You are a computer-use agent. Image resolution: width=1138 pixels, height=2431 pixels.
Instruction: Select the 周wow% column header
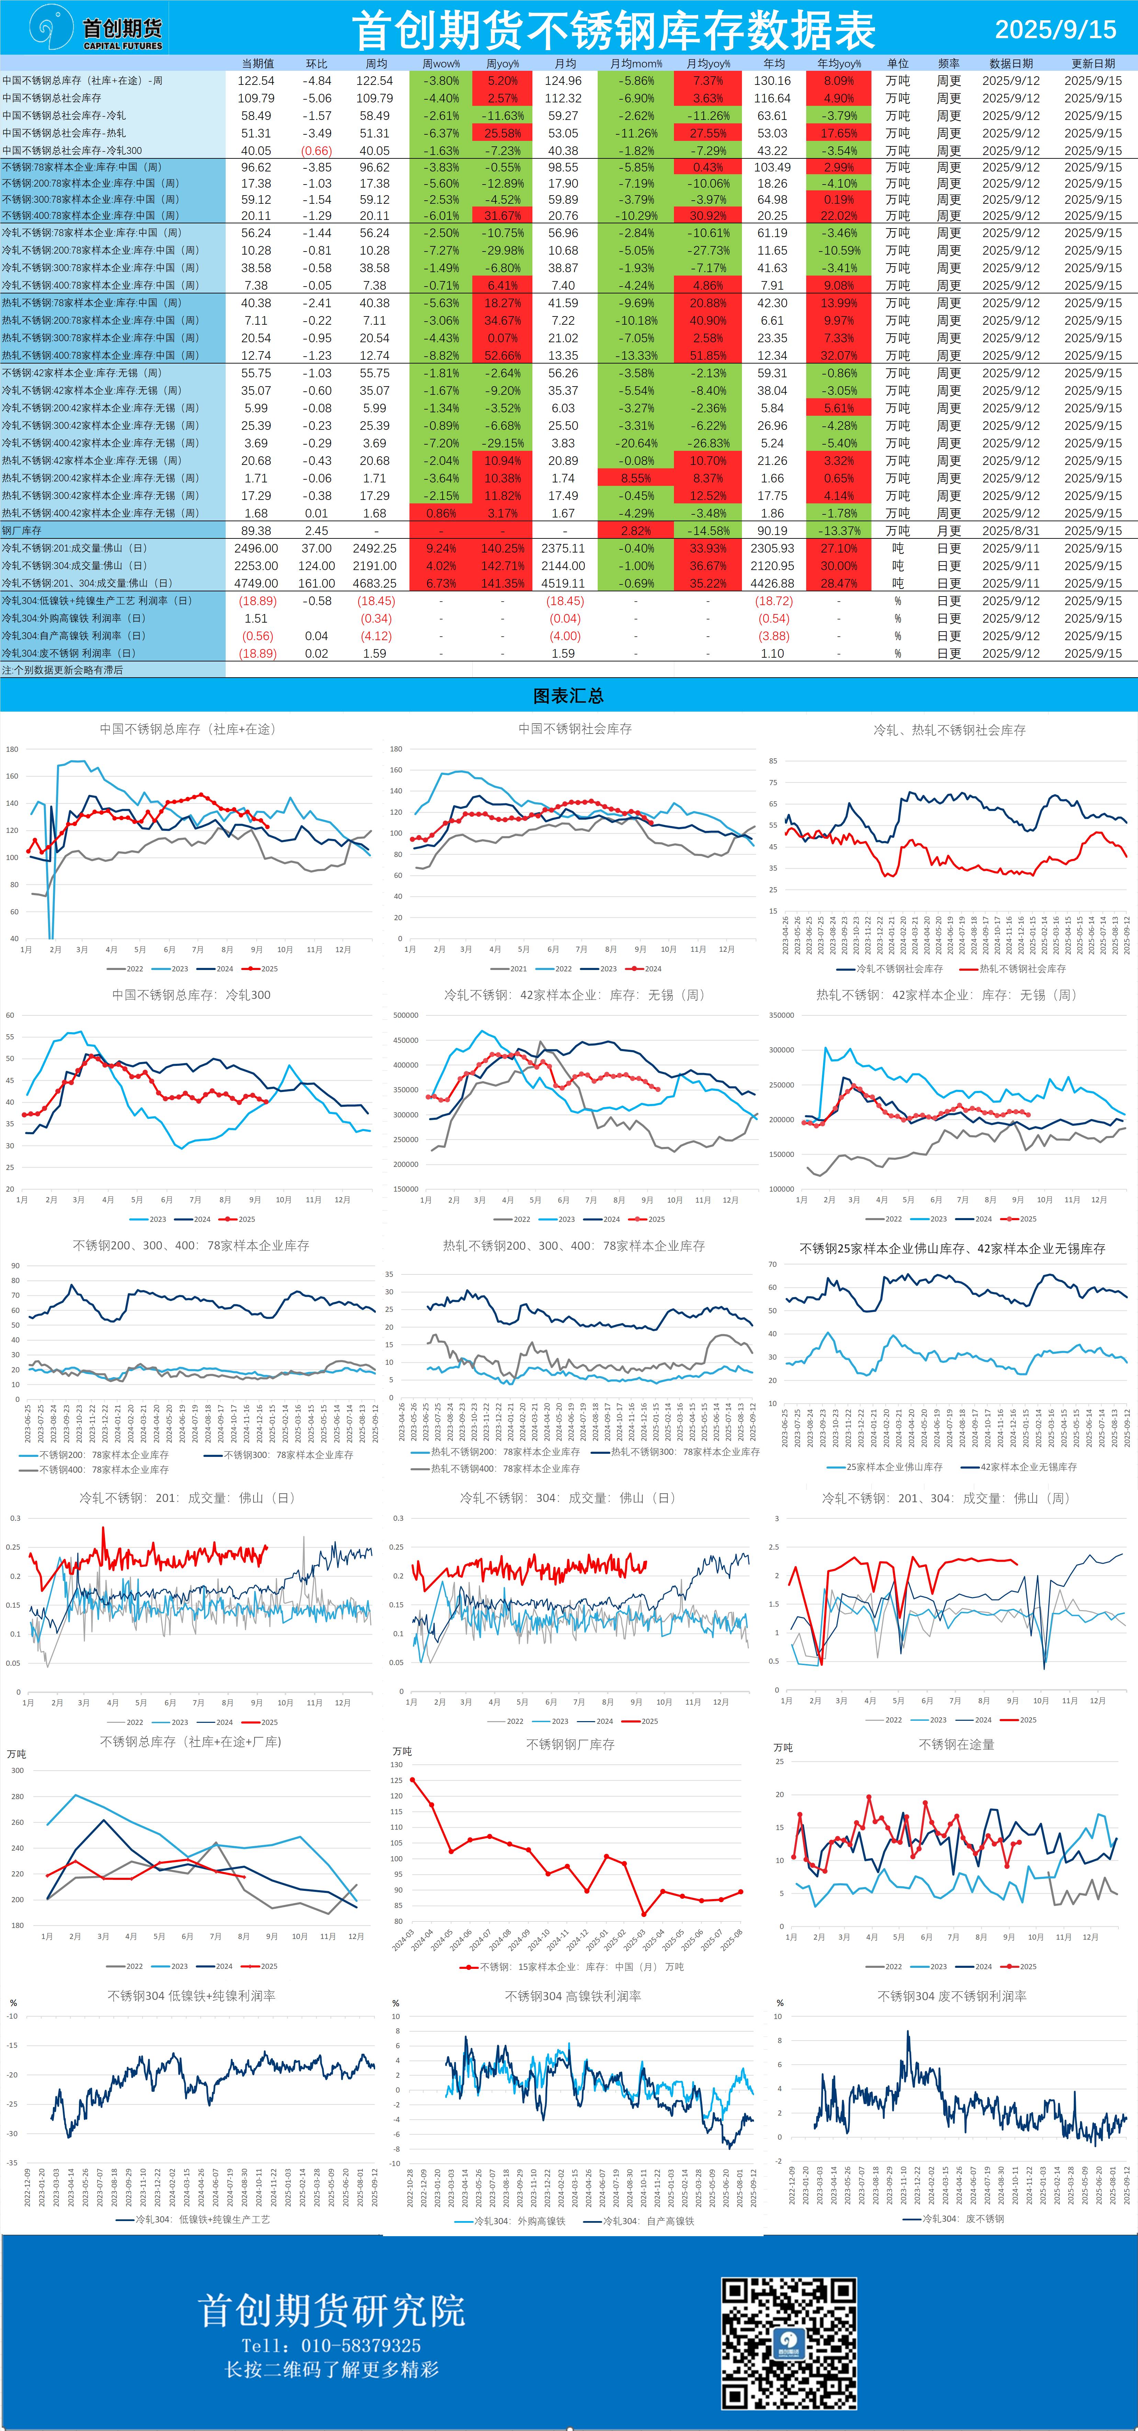click(x=441, y=63)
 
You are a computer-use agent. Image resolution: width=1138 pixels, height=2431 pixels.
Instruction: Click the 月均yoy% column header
click(x=708, y=63)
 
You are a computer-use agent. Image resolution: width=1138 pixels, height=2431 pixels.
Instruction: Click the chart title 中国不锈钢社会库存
click(x=575, y=728)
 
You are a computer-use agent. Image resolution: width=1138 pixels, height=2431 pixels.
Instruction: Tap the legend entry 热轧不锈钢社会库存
click(x=1022, y=968)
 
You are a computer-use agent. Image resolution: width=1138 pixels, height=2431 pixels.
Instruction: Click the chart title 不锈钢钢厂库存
click(x=570, y=1744)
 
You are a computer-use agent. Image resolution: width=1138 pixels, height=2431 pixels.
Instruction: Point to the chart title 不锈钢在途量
click(x=956, y=1744)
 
